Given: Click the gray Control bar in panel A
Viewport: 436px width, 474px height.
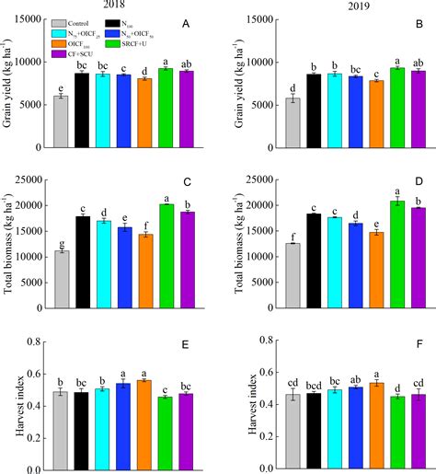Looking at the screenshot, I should [61, 121].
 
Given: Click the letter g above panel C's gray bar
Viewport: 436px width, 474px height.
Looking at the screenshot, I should [61, 243].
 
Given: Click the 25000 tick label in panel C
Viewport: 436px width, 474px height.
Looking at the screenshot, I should [28, 180].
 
